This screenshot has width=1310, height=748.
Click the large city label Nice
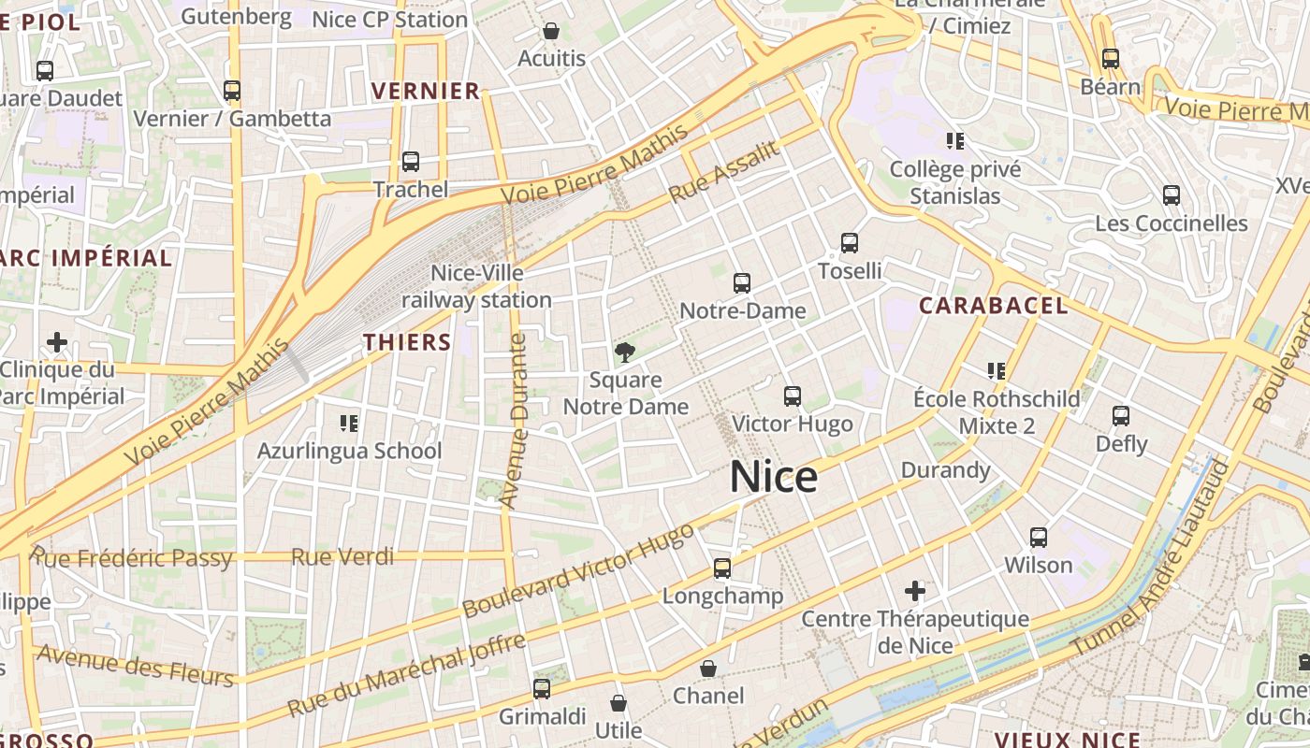click(x=774, y=477)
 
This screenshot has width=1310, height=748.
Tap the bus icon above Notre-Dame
click(x=742, y=282)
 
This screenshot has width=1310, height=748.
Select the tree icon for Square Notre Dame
click(x=625, y=352)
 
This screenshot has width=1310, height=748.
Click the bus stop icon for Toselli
click(x=850, y=243)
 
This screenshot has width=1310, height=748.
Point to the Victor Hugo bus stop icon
click(x=793, y=396)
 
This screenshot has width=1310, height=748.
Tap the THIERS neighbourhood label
click(x=408, y=342)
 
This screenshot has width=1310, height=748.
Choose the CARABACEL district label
click(x=993, y=306)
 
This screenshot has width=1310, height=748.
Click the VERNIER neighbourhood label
click(x=426, y=91)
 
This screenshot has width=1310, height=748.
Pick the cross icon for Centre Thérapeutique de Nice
click(x=915, y=591)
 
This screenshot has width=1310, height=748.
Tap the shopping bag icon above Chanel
click(x=708, y=669)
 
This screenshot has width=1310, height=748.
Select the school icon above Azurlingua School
click(x=349, y=424)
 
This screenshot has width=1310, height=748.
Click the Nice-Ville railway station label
click(x=477, y=286)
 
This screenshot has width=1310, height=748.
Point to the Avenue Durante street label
click(x=515, y=421)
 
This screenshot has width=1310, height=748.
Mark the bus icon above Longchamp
click(x=722, y=568)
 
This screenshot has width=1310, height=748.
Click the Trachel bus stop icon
click(x=411, y=162)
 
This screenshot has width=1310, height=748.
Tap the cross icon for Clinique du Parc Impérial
click(x=57, y=342)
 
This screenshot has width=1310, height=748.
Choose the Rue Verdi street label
click(x=342, y=557)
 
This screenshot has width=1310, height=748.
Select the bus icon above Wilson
click(x=1039, y=538)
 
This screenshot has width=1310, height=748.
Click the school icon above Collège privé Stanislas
click(x=954, y=141)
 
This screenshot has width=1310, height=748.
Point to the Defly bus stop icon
click(x=1121, y=416)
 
